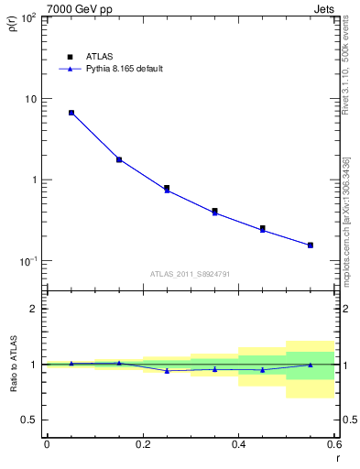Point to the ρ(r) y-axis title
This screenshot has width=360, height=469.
tap(13, 27)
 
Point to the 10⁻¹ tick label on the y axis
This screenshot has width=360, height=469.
tap(27, 261)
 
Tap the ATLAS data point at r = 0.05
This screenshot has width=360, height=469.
tap(71, 113)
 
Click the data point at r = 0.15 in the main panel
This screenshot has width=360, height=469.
tap(119, 159)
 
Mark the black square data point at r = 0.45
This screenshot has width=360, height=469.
tap(263, 228)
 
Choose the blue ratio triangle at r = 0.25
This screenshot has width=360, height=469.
tap(167, 370)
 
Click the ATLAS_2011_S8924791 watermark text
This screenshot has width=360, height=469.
tap(189, 274)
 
